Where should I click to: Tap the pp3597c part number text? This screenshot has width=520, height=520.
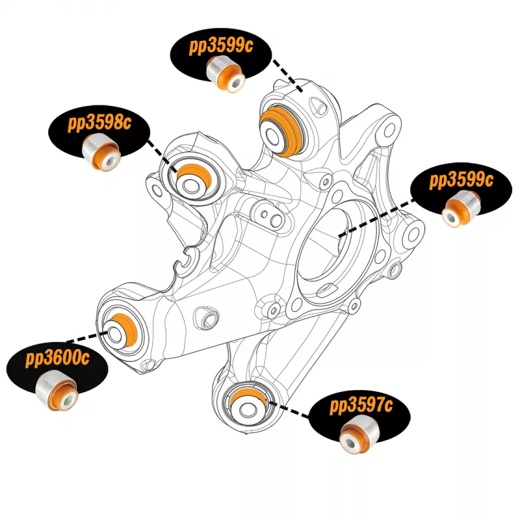click(x=361, y=407)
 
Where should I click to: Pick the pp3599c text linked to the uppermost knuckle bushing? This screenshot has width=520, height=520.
click(x=222, y=46)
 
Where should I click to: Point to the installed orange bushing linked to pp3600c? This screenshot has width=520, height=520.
click(x=123, y=329)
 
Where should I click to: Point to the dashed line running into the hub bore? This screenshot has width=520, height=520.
click(x=377, y=215)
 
